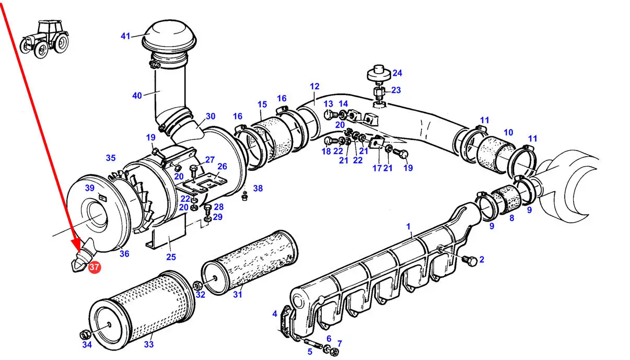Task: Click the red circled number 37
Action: (94, 266)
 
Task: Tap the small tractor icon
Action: (45, 39)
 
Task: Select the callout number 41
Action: (125, 36)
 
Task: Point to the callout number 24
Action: (397, 73)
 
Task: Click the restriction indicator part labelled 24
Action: (379, 74)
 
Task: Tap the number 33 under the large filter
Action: (149, 344)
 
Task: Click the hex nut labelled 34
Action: (84, 335)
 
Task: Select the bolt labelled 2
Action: (470, 261)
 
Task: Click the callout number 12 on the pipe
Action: (314, 86)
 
